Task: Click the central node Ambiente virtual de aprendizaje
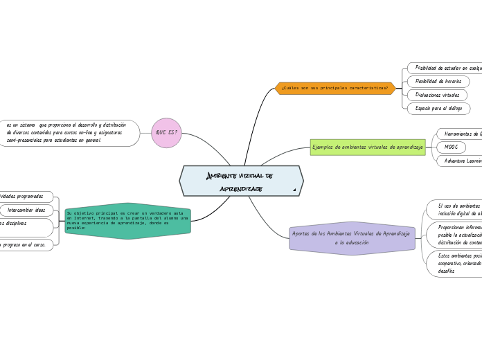click(x=241, y=181)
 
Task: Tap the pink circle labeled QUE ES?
click(x=166, y=133)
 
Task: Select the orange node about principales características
click(x=335, y=89)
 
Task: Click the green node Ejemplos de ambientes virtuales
click(x=368, y=147)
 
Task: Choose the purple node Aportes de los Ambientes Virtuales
click(x=351, y=238)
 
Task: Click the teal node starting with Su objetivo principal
click(x=127, y=222)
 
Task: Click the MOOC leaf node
click(x=451, y=147)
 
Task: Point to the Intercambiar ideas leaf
click(x=26, y=210)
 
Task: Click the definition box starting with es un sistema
click(x=69, y=133)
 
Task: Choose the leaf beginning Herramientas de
click(x=461, y=134)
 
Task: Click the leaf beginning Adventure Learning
click(x=461, y=161)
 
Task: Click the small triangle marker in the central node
click(x=294, y=190)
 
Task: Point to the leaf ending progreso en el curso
click(x=26, y=245)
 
